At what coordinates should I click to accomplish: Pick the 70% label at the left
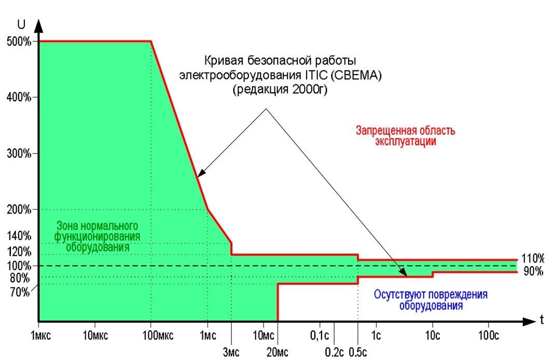click(20, 292)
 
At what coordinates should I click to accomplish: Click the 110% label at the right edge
click(533, 258)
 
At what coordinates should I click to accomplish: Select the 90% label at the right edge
click(533, 272)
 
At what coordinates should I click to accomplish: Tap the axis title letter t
click(542, 320)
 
